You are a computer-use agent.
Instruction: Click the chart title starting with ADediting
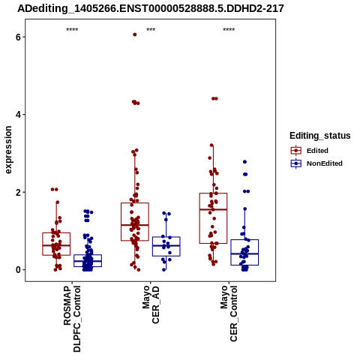(151, 9)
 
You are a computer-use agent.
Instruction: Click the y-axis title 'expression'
(8, 150)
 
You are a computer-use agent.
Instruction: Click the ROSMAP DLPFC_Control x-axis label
(72, 319)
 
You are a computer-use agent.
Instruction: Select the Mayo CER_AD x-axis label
(151, 304)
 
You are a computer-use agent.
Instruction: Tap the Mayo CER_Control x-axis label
(229, 313)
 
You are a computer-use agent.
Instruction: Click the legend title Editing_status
(320, 136)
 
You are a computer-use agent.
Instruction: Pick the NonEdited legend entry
(316, 163)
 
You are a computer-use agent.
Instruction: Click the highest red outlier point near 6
(135, 34)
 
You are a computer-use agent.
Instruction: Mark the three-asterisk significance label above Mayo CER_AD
(151, 30)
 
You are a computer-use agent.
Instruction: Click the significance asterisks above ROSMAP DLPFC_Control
(72, 30)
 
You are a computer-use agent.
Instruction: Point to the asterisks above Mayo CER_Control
(229, 30)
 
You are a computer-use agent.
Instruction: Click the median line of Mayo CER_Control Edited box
(213, 209)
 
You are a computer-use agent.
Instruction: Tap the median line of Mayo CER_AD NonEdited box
(166, 245)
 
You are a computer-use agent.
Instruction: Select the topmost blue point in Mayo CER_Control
(244, 162)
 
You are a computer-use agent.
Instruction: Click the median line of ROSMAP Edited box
(56, 245)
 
